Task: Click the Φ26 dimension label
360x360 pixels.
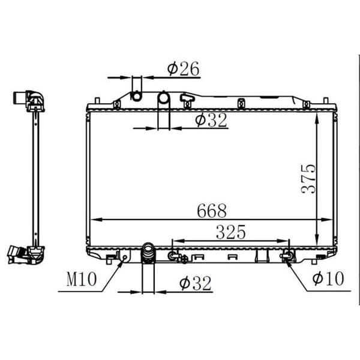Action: click(183, 68)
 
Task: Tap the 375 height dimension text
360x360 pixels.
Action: click(308, 179)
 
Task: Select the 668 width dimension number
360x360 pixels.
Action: click(212, 211)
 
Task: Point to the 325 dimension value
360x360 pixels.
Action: click(231, 232)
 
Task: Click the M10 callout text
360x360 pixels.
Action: click(82, 279)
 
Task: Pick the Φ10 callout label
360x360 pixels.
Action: click(328, 278)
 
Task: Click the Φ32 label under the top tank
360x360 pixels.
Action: click(211, 120)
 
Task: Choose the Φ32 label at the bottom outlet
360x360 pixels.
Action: click(195, 283)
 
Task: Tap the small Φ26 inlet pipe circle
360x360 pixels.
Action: click(136, 96)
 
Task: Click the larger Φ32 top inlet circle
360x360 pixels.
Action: click(163, 98)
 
